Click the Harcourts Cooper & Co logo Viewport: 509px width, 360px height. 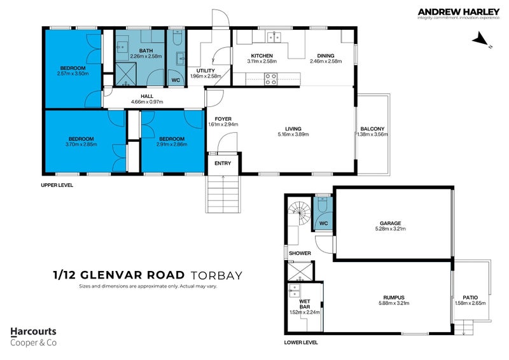click(x=33, y=336)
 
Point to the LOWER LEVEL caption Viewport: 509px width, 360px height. click(x=300, y=342)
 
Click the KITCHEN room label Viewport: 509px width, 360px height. click(x=261, y=56)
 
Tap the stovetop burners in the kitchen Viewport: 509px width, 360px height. click(x=270, y=80)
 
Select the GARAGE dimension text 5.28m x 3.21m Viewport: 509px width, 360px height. click(x=390, y=230)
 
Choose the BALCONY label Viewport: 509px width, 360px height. click(x=372, y=129)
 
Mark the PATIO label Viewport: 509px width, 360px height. click(x=470, y=297)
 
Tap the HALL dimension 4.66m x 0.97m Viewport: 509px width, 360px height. click(x=147, y=102)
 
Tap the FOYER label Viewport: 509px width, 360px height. click(x=223, y=119)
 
